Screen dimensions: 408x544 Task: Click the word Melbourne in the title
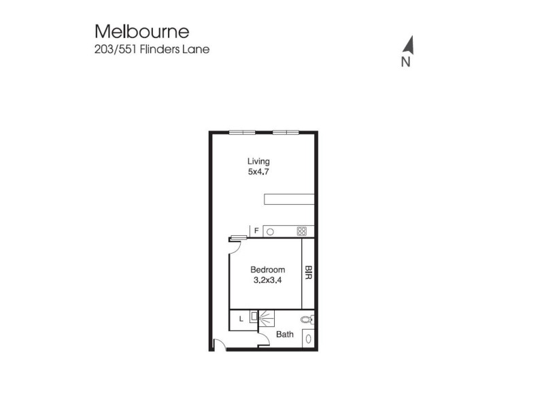click(x=142, y=32)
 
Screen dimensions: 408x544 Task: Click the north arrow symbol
click(x=408, y=44)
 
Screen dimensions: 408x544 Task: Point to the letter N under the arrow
click(x=405, y=63)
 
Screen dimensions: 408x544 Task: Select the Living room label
click(x=258, y=161)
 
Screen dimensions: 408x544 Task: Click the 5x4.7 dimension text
click(x=258, y=172)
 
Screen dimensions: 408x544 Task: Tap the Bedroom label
click(x=268, y=269)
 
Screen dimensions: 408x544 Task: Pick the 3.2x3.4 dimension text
click(x=267, y=280)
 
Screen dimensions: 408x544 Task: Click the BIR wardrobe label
click(x=308, y=274)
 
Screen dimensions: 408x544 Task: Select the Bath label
click(x=285, y=335)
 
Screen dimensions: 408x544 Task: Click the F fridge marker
click(x=256, y=231)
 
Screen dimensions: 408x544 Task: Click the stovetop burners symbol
click(x=301, y=231)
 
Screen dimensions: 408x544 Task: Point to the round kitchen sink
click(x=270, y=232)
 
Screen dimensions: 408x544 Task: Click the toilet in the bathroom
click(x=307, y=318)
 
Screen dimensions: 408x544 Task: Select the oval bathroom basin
click(x=308, y=338)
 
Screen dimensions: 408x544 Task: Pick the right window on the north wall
click(x=285, y=132)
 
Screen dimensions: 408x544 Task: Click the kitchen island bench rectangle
click(x=290, y=199)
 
